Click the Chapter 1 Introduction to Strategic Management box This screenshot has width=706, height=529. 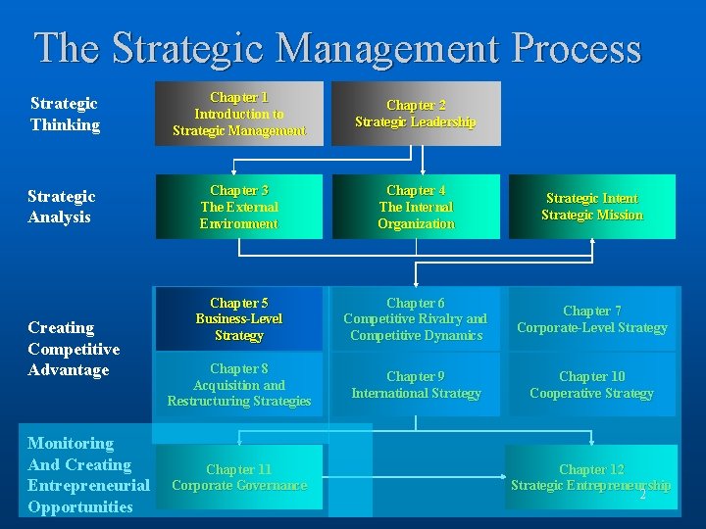pyautogui.click(x=239, y=114)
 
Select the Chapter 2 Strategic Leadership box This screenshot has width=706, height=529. pyautogui.click(x=416, y=114)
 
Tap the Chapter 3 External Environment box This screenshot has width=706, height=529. pyautogui.click(x=239, y=207)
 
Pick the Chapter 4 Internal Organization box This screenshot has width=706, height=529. pyautogui.click(x=416, y=207)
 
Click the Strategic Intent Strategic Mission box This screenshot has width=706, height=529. pyautogui.click(x=592, y=207)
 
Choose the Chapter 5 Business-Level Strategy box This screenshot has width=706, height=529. pyautogui.click(x=239, y=318)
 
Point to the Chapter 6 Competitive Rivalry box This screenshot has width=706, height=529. pyautogui.click(x=416, y=318)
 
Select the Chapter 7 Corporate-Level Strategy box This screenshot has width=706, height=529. pyautogui.click(x=592, y=318)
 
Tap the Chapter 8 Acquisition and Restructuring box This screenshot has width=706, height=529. pyautogui.click(x=239, y=384)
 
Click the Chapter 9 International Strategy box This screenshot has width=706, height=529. pyautogui.click(x=416, y=384)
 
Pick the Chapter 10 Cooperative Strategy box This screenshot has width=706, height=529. pyautogui.click(x=592, y=384)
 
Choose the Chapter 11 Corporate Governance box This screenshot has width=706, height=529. pyautogui.click(x=239, y=476)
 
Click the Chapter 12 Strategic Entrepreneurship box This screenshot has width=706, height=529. pyautogui.click(x=591, y=476)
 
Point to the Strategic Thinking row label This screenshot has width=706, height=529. pyautogui.click(x=65, y=114)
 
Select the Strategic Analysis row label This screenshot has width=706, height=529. pyautogui.click(x=63, y=207)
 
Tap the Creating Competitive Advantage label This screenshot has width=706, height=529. pyautogui.click(x=74, y=348)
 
